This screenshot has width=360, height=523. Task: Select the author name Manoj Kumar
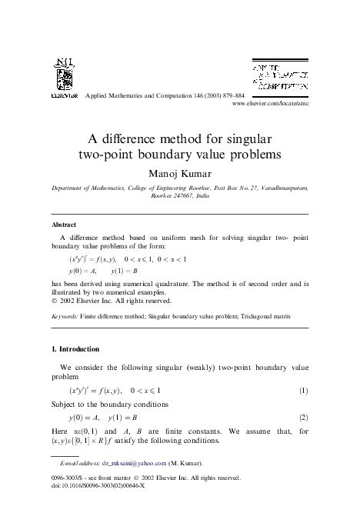[x=179, y=171]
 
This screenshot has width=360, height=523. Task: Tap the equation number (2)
[x=303, y=419]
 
